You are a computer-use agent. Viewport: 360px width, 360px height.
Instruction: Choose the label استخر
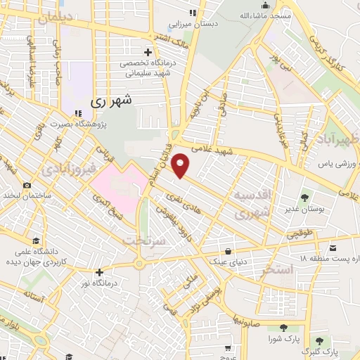pos(276,269)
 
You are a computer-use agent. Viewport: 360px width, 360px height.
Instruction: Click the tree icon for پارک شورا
pos(283,327)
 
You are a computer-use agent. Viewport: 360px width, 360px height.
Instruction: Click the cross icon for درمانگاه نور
pos(99,272)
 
